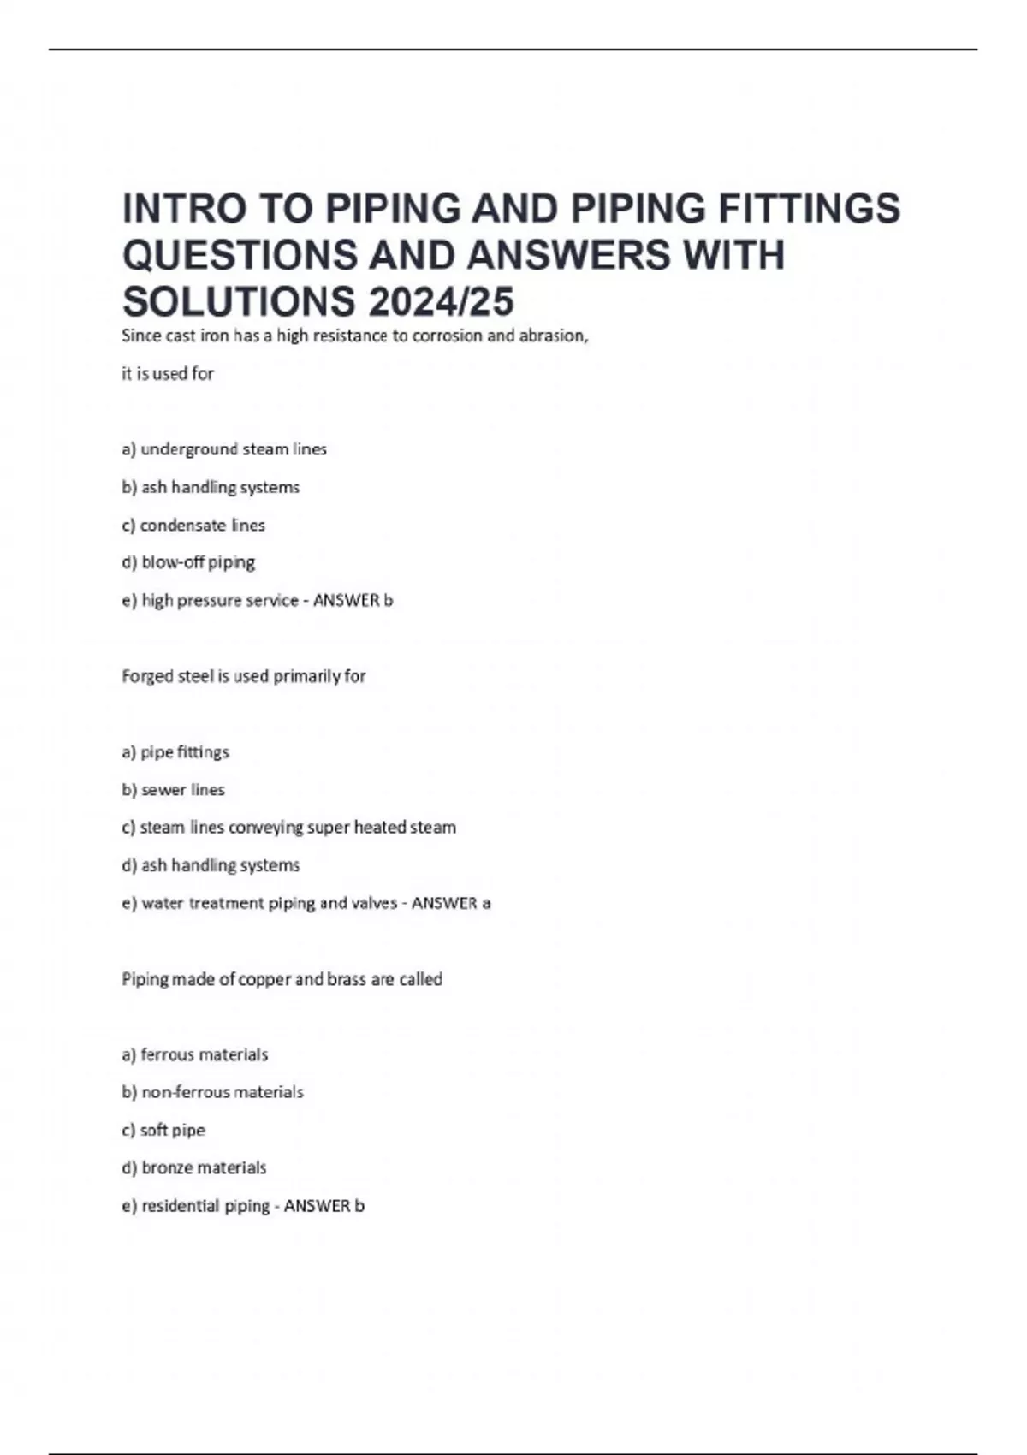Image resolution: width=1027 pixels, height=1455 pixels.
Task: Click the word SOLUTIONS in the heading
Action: pos(239,301)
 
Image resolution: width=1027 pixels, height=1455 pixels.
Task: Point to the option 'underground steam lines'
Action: pos(224,449)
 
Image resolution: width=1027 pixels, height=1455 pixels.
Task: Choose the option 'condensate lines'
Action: pos(193,525)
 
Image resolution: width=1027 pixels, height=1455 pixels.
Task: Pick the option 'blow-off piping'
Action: pos(188,562)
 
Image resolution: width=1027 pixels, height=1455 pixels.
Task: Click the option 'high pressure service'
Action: pos(211,601)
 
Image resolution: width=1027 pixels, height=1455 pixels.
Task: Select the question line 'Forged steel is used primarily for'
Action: pos(244,676)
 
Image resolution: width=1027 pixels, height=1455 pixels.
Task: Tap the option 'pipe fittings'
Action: pos(175,752)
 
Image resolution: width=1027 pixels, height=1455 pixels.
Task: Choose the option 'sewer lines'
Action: pos(174,790)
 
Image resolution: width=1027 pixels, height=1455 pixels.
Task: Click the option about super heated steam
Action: pos(288,828)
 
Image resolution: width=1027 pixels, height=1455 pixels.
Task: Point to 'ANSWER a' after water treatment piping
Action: pos(451,903)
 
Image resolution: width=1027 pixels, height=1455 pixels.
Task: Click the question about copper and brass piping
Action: pos(282,979)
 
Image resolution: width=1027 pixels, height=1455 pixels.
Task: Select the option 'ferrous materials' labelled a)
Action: pos(195,1054)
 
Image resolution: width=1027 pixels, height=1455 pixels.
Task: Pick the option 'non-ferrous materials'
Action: pos(212,1092)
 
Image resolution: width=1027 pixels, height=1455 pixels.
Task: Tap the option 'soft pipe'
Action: pos(163,1130)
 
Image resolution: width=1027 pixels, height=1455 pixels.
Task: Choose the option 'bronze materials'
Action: pos(194,1167)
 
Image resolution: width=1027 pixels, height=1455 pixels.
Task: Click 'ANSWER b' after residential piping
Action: pos(324,1206)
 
